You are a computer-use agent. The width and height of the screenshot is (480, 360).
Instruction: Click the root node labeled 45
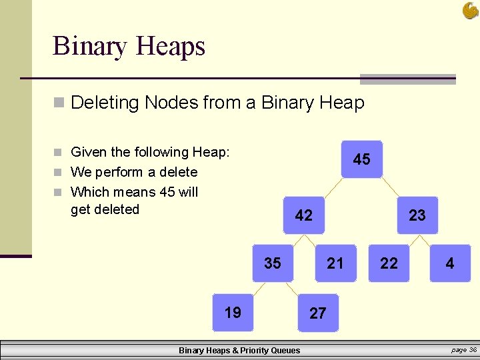pyautogui.click(x=361, y=159)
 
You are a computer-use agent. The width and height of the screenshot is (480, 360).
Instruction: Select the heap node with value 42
pyautogui.click(x=303, y=215)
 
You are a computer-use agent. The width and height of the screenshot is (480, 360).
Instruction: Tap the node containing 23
pyautogui.click(x=417, y=215)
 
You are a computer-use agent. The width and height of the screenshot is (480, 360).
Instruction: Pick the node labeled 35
pyautogui.click(x=272, y=263)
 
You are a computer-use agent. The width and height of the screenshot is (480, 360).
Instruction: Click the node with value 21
pyautogui.click(x=335, y=263)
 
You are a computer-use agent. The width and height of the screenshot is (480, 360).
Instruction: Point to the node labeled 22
pyautogui.click(x=389, y=263)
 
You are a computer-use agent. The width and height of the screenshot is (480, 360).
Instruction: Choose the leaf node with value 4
pyautogui.click(x=450, y=263)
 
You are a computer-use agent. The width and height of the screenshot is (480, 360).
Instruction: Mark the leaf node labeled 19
pyautogui.click(x=233, y=313)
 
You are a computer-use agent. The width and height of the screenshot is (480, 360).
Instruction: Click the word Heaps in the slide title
pyautogui.click(x=170, y=47)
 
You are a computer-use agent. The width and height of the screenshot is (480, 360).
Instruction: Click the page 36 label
pyautogui.click(x=463, y=349)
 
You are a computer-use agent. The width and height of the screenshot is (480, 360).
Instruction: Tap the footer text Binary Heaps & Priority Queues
pyautogui.click(x=239, y=350)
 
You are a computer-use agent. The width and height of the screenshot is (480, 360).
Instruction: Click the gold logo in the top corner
pyautogui.click(x=471, y=10)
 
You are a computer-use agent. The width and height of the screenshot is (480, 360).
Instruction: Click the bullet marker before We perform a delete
pyautogui.click(x=59, y=173)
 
